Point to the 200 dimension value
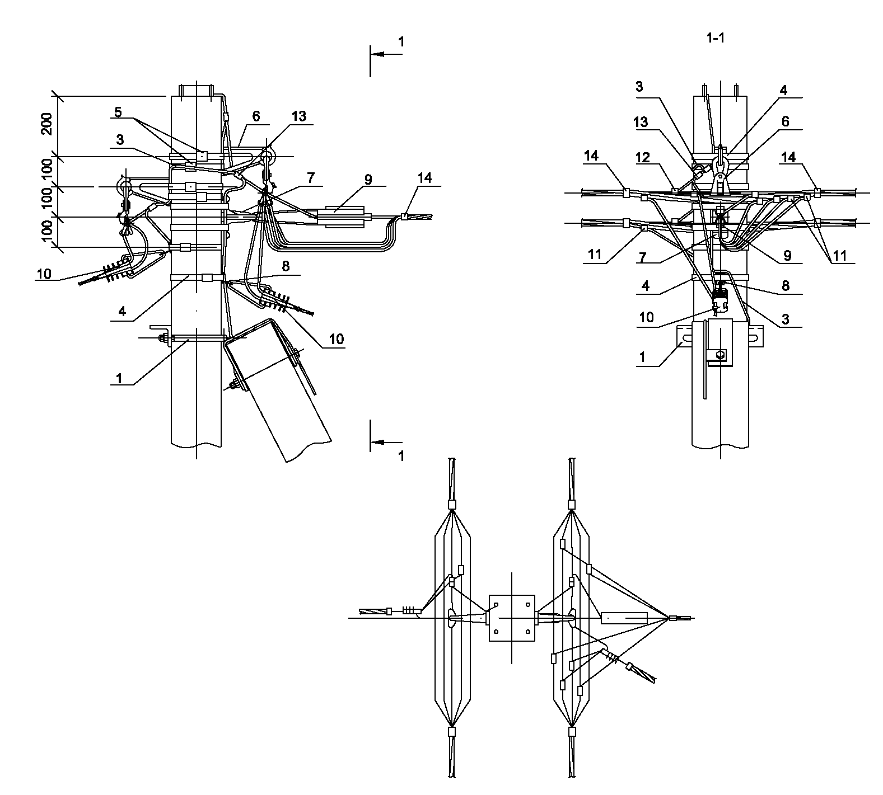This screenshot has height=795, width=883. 47,124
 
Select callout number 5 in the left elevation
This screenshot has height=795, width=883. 118,112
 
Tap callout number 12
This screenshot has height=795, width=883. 643,158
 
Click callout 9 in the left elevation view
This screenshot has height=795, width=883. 368,180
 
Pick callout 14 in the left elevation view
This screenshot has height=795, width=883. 425,178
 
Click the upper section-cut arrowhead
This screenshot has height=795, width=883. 377,54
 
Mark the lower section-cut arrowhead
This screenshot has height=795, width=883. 377,442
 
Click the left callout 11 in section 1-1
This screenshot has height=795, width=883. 595,255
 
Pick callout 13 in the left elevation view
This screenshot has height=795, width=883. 299,116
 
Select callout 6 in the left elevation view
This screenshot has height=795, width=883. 256,116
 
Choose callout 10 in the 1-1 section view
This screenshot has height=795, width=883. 646,317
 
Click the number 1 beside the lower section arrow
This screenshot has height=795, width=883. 401,455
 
